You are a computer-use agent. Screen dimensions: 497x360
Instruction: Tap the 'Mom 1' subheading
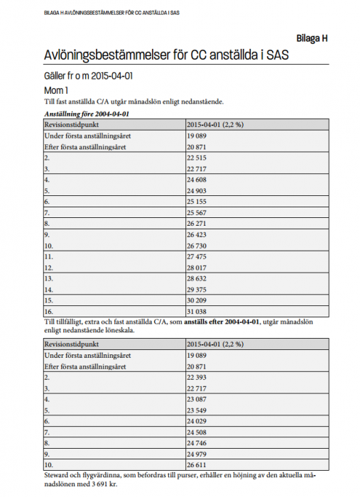point(56,90)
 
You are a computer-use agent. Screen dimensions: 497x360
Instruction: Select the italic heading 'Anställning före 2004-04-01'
point(86,113)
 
